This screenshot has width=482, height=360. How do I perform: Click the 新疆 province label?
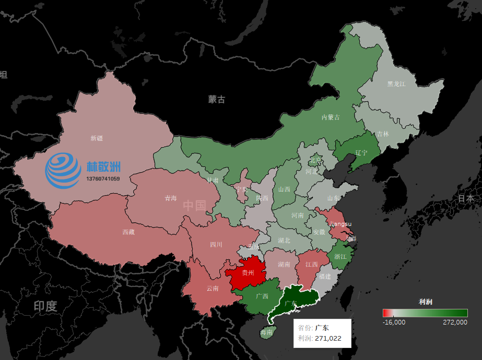click(97, 138)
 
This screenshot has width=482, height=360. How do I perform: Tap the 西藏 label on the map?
click(128, 232)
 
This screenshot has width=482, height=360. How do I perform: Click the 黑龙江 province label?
click(396, 83)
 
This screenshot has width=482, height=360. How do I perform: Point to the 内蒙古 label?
click(330, 117)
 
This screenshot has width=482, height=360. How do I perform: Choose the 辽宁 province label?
click(361, 153)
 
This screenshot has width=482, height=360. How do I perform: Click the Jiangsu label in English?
click(340, 224)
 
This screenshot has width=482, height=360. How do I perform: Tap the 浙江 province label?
click(340, 256)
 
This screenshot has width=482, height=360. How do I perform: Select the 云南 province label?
click(213, 288)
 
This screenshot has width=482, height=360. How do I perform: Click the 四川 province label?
click(216, 244)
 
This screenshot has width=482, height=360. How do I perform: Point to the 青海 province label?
click(171, 198)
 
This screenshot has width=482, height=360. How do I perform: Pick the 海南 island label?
click(266, 332)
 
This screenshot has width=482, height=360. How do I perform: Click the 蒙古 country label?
click(216, 99)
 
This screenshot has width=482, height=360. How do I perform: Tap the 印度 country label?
click(45, 306)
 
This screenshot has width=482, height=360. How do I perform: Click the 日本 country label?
click(466, 198)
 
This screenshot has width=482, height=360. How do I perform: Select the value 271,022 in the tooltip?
click(328, 339)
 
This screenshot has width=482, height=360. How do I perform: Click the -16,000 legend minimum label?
click(394, 322)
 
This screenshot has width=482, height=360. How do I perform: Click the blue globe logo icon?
click(63, 170)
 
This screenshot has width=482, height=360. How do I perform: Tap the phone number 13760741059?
click(103, 179)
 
